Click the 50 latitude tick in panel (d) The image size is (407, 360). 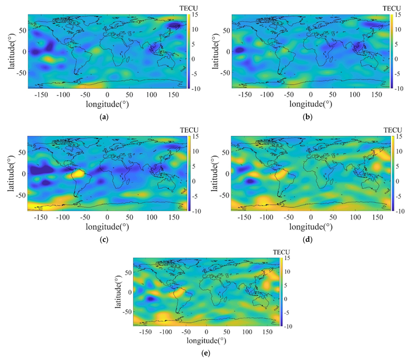click(x=224, y=151)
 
